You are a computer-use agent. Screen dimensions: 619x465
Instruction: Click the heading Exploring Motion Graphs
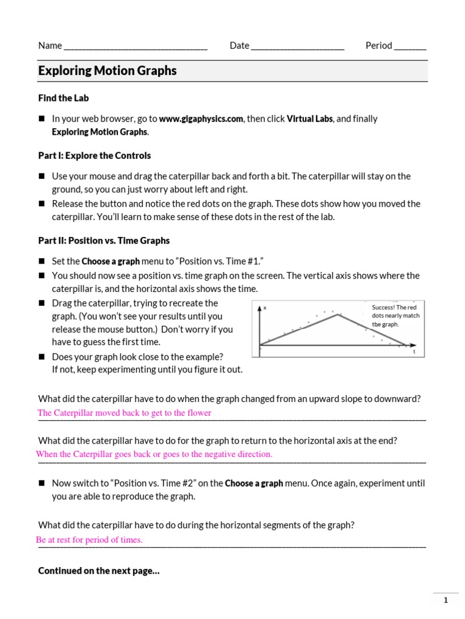107,71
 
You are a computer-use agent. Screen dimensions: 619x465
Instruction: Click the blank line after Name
136,47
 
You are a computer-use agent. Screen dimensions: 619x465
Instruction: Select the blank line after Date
297,47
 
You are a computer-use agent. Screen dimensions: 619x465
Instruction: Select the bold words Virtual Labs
309,119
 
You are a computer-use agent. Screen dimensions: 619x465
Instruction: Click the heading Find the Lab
64,98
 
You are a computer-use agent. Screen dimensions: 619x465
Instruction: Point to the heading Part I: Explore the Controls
94,155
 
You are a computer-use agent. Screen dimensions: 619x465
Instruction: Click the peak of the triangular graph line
338,314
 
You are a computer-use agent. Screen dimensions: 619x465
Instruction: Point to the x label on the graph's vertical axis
265,308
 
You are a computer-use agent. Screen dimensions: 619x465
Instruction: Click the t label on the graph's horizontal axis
414,351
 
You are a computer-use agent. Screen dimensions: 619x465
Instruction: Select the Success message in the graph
395,316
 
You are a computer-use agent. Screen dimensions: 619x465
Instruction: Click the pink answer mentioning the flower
124,413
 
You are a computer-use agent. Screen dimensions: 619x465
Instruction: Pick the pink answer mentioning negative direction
154,454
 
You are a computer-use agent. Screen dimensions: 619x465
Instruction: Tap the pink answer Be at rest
90,540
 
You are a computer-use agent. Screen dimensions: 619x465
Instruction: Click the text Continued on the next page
99,571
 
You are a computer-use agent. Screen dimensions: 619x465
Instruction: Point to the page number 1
446,600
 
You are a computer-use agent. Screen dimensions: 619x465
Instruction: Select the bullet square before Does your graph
42,357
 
